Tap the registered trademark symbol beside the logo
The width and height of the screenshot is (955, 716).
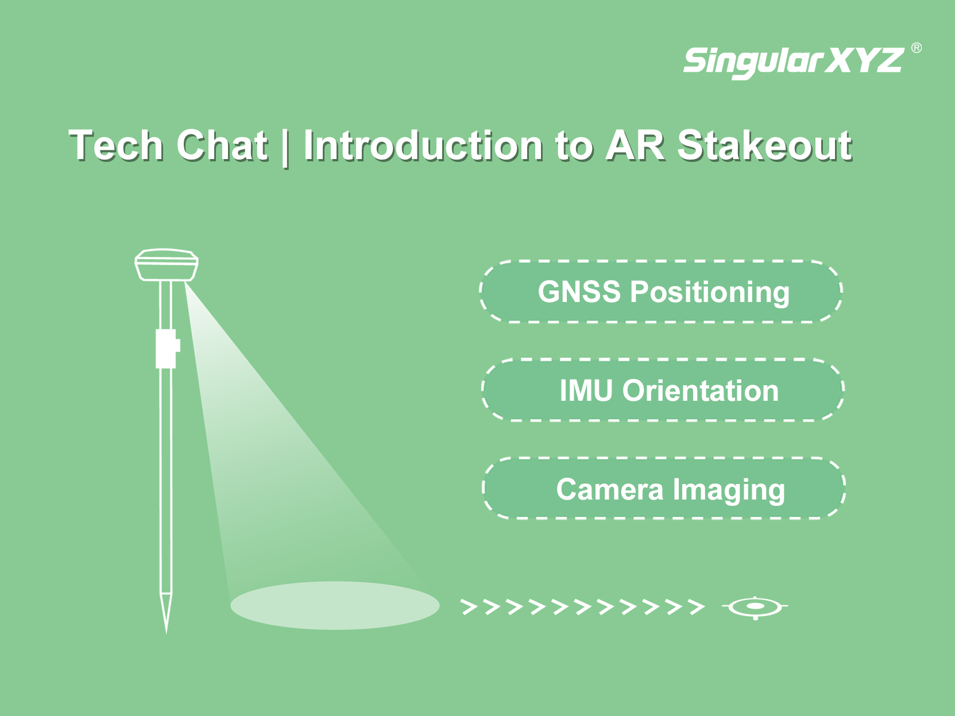coord(917,48)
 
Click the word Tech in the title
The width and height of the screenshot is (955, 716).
coord(116,145)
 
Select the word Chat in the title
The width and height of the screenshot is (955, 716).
coord(222,145)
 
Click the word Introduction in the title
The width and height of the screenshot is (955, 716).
coord(423,145)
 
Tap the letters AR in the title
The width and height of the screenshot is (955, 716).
coord(635,145)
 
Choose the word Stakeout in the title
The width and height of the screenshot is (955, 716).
coord(764,145)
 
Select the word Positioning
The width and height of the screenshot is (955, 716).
coord(710,292)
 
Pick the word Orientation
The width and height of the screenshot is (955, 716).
coord(701,390)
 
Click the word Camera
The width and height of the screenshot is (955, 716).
coord(610,489)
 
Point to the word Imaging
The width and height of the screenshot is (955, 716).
coord(729,491)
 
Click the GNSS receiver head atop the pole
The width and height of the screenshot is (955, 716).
coord(166,265)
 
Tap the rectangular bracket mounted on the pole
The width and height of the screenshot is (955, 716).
coord(168,349)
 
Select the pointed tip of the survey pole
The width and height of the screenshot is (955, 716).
coord(166,634)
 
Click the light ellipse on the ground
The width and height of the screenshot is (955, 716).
coord(335,606)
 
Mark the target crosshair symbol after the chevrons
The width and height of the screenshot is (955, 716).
coord(755,606)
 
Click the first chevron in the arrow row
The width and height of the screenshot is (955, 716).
coord(469,607)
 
